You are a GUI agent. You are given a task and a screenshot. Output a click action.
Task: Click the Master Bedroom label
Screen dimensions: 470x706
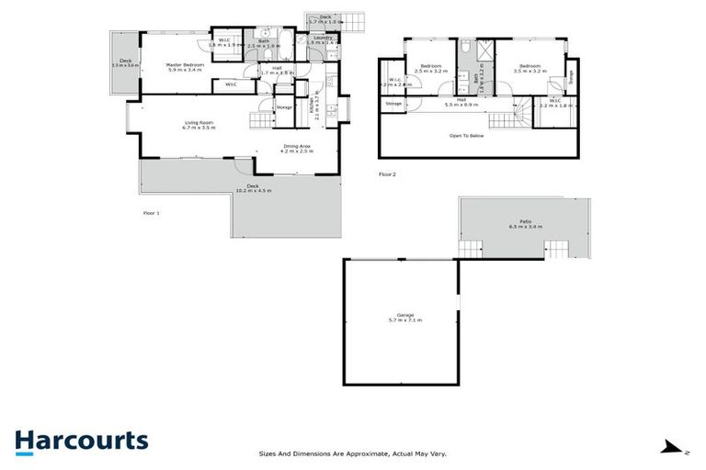(x=185, y=66)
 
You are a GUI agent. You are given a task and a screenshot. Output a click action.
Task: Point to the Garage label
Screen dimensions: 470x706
(x=399, y=319)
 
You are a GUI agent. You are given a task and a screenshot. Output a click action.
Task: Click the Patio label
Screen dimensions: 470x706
(x=526, y=224)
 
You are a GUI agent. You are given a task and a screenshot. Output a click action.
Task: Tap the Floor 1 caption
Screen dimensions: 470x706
(x=152, y=213)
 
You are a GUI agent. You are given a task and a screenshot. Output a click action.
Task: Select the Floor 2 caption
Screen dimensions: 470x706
(x=387, y=173)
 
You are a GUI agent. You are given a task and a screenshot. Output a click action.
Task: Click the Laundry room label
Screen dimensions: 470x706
(x=322, y=38)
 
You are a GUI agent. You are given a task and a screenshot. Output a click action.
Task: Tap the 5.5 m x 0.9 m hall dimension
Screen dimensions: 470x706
(x=462, y=104)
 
